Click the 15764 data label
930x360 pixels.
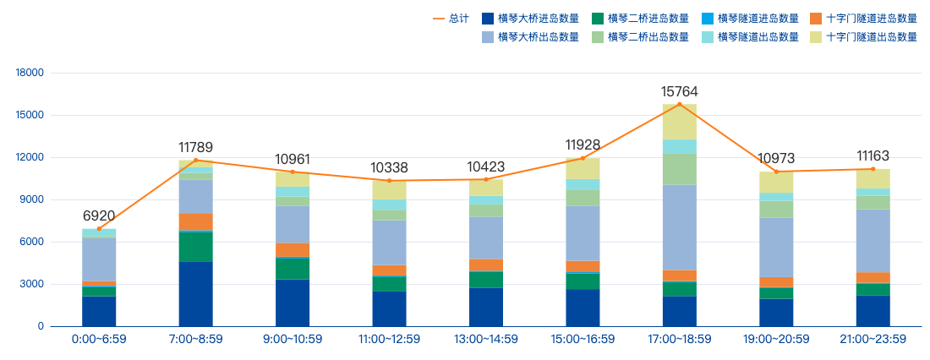click(680, 91)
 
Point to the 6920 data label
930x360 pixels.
click(99, 216)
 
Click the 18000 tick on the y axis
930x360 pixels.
click(30, 73)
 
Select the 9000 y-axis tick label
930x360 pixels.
click(32, 199)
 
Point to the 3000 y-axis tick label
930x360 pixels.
click(32, 284)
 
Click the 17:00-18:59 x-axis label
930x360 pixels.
click(680, 340)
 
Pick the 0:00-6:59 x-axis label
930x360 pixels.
click(99, 340)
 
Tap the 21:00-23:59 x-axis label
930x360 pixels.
click(873, 340)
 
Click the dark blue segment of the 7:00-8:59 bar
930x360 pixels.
click(196, 293)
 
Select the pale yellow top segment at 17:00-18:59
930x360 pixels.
click(680, 122)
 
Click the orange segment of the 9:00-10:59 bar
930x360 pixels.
click(293, 249)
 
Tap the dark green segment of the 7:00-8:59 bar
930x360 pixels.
click(196, 246)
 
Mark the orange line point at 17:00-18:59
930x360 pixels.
click(680, 104)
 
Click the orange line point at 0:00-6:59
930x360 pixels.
click(99, 229)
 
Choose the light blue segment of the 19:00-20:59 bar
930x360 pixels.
click(776, 247)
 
